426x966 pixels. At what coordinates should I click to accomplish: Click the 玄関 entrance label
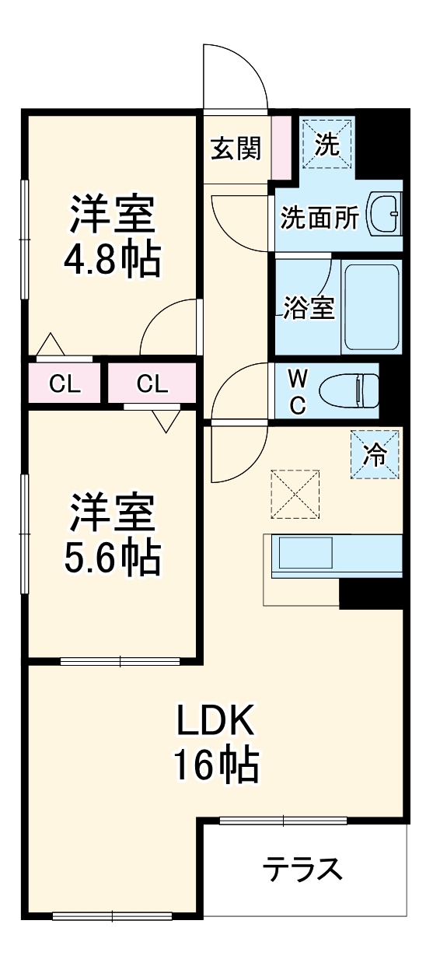tap(235, 148)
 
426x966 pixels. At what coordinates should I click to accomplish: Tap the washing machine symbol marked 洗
tap(326, 143)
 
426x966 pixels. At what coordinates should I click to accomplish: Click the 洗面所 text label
tap(319, 219)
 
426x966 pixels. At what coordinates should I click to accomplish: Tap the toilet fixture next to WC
tap(357, 390)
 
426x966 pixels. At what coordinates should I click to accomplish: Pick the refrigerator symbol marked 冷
tap(375, 454)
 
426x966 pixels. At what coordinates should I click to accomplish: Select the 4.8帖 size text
tap(113, 261)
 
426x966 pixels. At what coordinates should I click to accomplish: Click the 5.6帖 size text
tap(113, 556)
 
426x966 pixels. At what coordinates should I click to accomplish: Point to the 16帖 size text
tap(215, 766)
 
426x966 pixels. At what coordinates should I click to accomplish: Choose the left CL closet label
tap(65, 383)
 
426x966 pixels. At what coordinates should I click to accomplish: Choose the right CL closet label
tap(152, 383)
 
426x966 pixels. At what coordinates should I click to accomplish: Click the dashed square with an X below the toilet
tap(295, 493)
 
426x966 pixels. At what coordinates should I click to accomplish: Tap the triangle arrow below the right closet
tap(166, 420)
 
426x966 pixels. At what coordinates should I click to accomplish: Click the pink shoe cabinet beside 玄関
tap(281, 148)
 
